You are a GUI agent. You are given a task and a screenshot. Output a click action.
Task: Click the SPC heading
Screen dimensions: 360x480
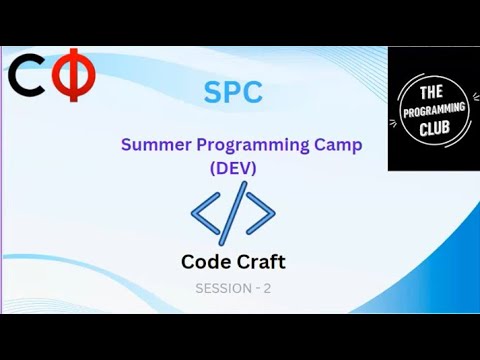pyautogui.click(x=232, y=93)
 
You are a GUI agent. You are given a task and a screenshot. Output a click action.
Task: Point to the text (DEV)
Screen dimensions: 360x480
pyautogui.click(x=233, y=168)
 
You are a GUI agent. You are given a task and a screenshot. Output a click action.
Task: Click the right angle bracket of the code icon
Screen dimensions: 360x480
pyautogui.click(x=261, y=212)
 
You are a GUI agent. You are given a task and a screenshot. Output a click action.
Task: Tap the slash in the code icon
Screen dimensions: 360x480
pyautogui.click(x=232, y=212)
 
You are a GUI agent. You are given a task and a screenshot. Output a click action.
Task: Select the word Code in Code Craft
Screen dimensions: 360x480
pyautogui.click(x=204, y=262)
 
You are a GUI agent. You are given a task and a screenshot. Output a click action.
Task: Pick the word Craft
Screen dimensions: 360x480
pyautogui.click(x=259, y=262)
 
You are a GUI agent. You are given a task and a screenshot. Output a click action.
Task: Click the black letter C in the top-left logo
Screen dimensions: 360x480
pyautogui.click(x=27, y=78)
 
